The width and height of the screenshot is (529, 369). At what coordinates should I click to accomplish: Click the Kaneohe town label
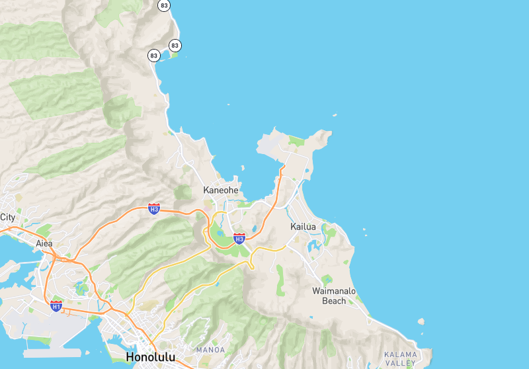point(220,190)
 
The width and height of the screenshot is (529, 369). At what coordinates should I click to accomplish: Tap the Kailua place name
point(304,227)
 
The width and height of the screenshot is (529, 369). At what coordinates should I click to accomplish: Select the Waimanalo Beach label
point(334,296)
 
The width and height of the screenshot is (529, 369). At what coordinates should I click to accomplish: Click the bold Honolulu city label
point(151,358)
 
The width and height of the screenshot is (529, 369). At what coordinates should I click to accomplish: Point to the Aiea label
point(44,243)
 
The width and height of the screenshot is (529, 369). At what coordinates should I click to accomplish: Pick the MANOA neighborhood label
point(210,349)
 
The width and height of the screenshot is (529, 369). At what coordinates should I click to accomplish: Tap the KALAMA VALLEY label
point(401,359)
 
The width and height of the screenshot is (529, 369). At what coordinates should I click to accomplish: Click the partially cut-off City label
point(7,217)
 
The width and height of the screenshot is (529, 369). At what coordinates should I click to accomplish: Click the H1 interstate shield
point(56,306)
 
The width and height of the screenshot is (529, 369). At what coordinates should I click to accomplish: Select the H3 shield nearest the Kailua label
point(239,237)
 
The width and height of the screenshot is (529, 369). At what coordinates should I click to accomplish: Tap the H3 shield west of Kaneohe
point(154,209)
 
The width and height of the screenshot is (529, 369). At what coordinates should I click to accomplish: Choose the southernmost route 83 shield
point(154,56)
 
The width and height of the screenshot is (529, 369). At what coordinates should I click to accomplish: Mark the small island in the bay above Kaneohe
point(243,169)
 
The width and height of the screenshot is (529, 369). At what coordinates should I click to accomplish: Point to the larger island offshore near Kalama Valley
point(420,321)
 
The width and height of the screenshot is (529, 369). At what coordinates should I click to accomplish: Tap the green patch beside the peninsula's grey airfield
point(296,140)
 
